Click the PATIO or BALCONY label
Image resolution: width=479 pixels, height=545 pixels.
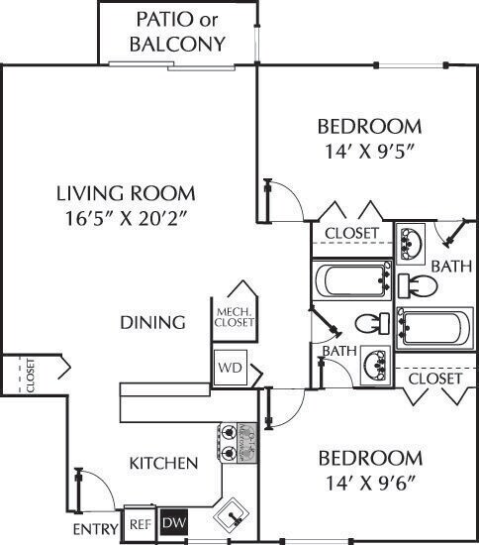pyautogui.click(x=179, y=32)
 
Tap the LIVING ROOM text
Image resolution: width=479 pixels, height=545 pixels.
pyautogui.click(x=125, y=193)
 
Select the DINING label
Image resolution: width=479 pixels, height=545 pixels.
pyautogui.click(x=153, y=322)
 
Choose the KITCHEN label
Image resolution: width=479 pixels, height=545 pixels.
pyautogui.click(x=164, y=463)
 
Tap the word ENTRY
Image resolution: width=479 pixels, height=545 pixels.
pyautogui.click(x=96, y=530)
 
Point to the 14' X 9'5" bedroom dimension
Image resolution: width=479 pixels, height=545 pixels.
pyautogui.click(x=369, y=153)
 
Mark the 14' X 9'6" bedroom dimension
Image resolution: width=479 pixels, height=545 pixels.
pyautogui.click(x=369, y=485)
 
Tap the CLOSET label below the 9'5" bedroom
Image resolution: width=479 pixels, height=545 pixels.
pyautogui.click(x=351, y=233)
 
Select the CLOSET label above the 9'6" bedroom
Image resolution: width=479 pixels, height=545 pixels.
pyautogui.click(x=434, y=379)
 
